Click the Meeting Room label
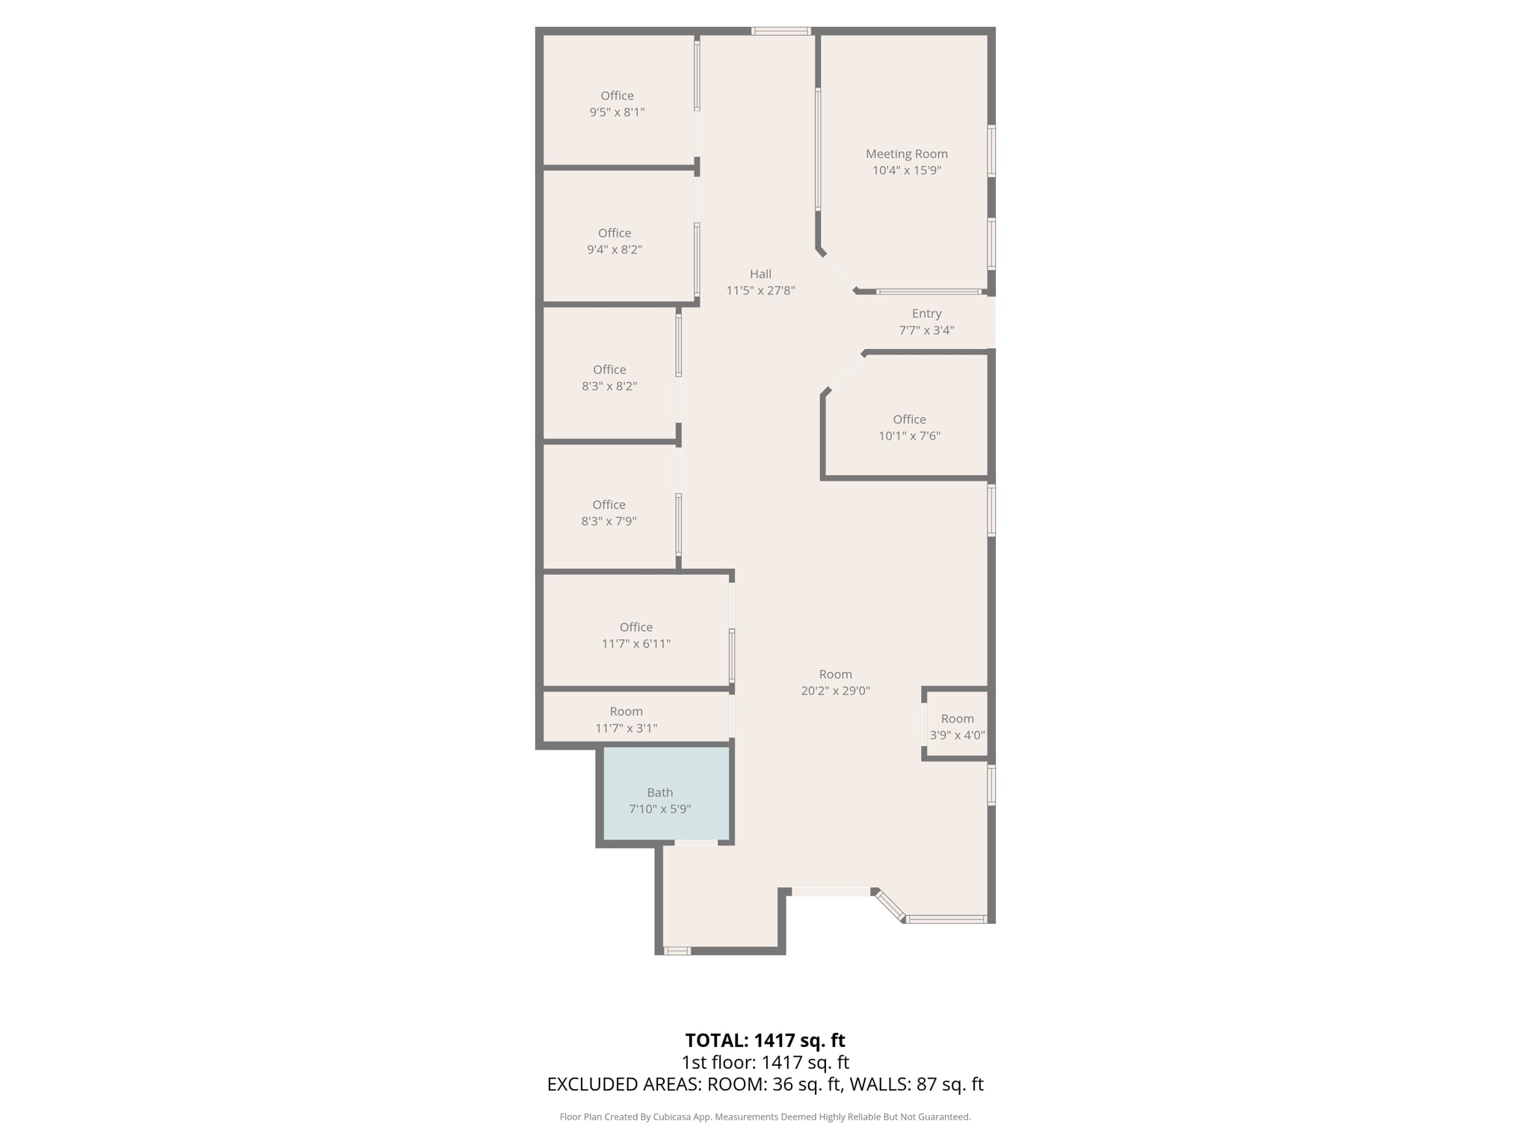pos(906,154)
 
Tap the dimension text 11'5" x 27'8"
pos(760,291)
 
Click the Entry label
pos(926,314)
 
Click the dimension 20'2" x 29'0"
pos(835,691)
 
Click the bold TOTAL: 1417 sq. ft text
pos(765,1040)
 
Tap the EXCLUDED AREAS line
pos(765,1084)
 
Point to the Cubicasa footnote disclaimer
pos(765,1117)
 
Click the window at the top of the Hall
pos(780,31)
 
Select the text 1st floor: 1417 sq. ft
pos(765,1063)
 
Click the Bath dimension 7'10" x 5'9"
pos(659,809)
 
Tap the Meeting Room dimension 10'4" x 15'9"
pos(906,170)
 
